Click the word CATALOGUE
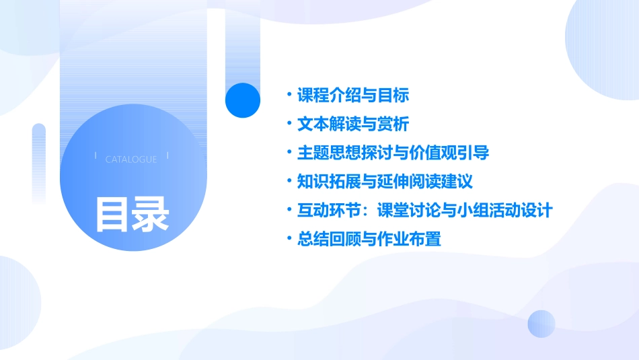click(131, 159)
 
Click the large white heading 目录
click(132, 214)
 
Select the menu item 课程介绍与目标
click(353, 96)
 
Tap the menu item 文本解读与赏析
click(353, 124)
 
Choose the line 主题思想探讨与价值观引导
click(393, 153)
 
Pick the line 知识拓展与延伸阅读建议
click(385, 182)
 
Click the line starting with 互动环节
click(424, 211)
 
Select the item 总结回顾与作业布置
click(369, 239)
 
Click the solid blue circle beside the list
click(243, 100)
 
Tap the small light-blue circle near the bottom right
click(541, 324)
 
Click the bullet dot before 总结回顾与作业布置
click(289, 239)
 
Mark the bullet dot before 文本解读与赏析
click(289, 124)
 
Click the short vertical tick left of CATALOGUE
click(96, 155)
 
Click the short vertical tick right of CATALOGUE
click(167, 155)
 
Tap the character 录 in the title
click(151, 214)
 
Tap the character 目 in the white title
click(112, 214)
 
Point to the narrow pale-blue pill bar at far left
click(39, 161)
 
